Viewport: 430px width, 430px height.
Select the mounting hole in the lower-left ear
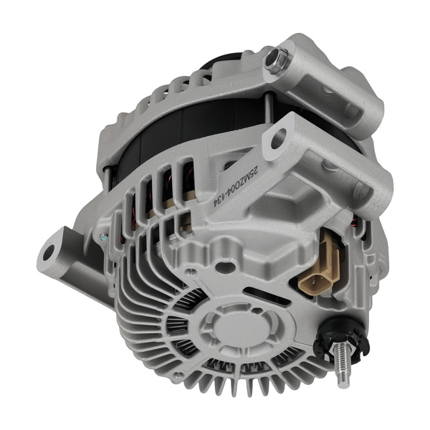(49, 252)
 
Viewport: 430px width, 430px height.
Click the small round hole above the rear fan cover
(226, 267)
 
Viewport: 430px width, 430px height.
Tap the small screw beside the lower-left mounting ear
(105, 237)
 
